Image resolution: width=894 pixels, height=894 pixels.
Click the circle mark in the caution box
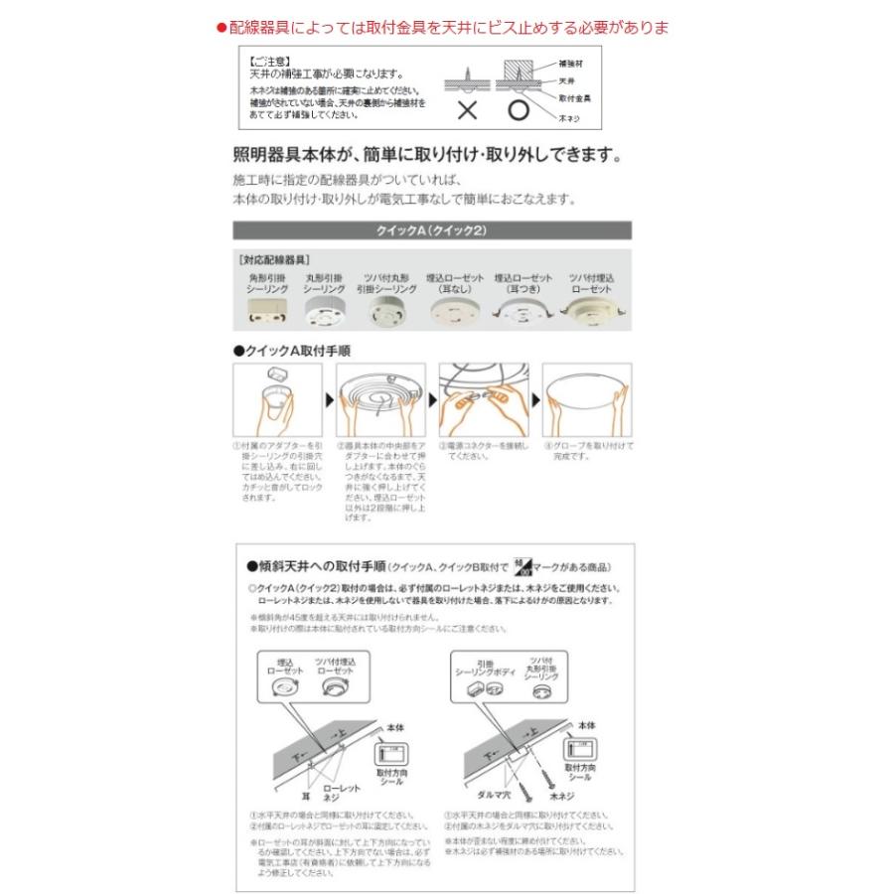[x=517, y=110]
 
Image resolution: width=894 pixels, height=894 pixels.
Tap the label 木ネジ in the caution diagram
[x=570, y=117]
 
